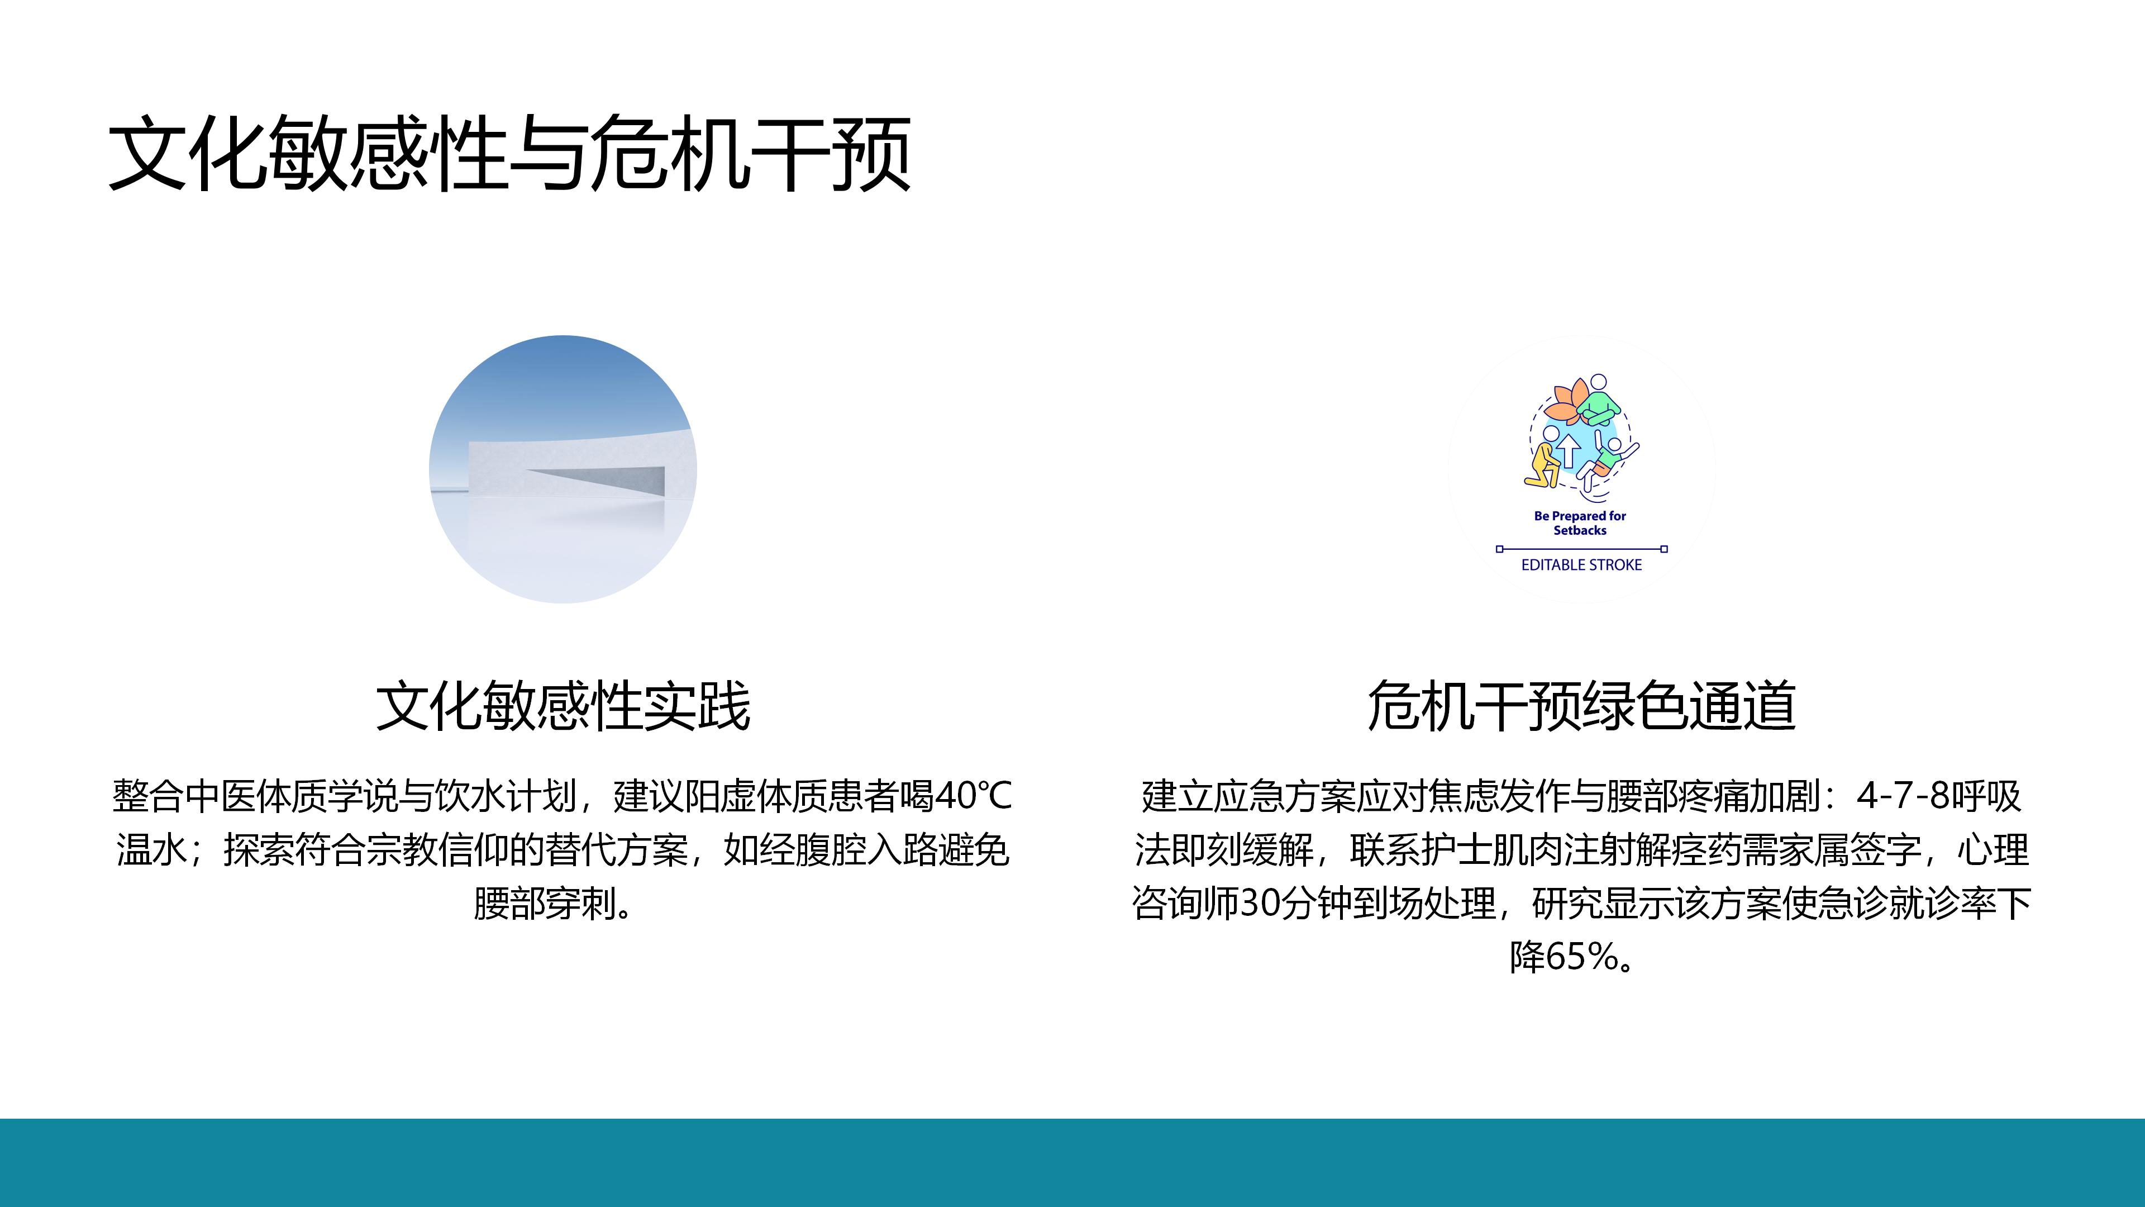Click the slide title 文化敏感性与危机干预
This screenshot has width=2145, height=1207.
pyautogui.click(x=509, y=154)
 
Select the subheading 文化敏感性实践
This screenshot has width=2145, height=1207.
pyautogui.click(x=563, y=706)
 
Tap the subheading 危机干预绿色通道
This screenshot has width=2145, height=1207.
pyautogui.click(x=1581, y=706)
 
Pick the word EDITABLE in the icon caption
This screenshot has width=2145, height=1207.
pyautogui.click(x=1551, y=565)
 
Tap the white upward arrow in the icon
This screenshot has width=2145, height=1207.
pyautogui.click(x=1569, y=450)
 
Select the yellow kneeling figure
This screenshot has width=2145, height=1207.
pyautogui.click(x=1543, y=467)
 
